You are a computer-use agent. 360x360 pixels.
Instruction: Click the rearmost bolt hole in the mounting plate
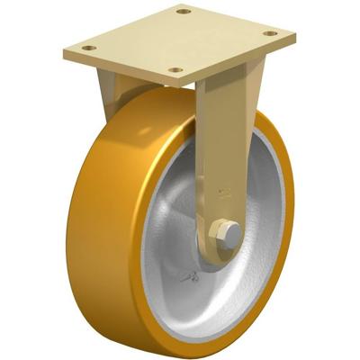[x=184, y=12]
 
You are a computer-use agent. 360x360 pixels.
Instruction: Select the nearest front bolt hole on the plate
[x=175, y=69]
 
